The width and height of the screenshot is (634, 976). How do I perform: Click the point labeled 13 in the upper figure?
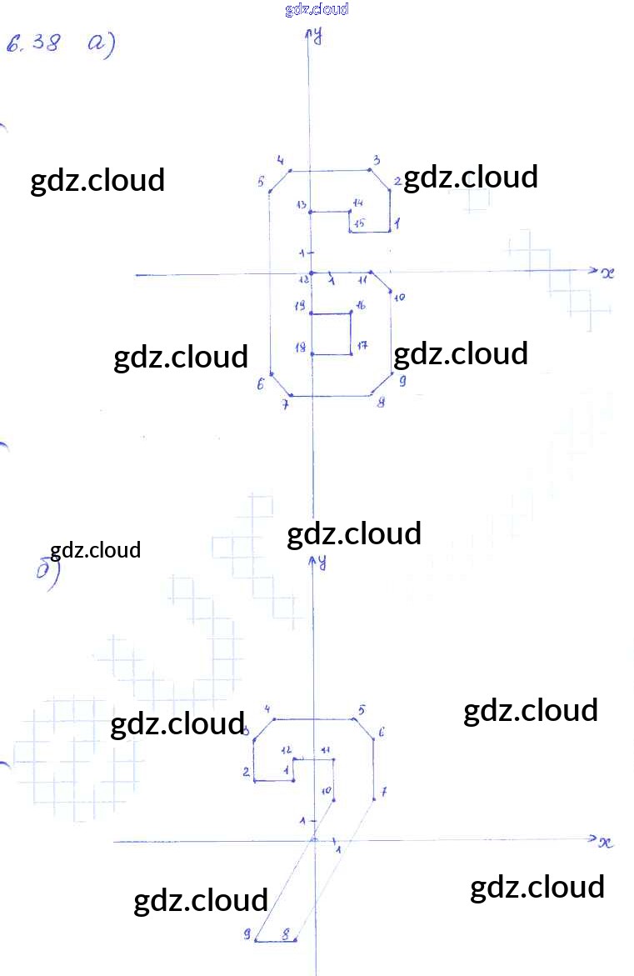coord(311,212)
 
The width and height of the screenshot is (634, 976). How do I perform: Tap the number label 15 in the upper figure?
coord(358,223)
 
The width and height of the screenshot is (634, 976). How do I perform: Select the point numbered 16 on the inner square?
coord(351,313)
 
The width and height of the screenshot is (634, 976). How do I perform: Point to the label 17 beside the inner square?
coord(362,345)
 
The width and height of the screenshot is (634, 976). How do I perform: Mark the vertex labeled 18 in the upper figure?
coord(312,354)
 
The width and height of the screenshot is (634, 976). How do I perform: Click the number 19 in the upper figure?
coord(300,306)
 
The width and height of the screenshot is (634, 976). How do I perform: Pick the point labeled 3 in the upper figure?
coord(370,171)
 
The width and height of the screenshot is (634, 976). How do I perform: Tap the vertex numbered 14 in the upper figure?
coord(350,212)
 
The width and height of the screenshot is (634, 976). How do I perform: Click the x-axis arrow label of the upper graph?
coord(607,273)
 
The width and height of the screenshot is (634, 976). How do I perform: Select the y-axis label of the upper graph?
coord(319,35)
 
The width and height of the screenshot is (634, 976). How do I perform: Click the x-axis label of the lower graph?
coord(606,842)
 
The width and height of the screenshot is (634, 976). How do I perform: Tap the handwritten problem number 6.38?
coord(33,43)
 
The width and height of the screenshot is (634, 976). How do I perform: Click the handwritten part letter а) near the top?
coord(100,43)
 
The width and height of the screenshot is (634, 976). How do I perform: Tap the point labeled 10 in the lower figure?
coord(332,800)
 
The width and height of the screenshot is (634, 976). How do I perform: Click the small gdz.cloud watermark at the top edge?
coord(317,9)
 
